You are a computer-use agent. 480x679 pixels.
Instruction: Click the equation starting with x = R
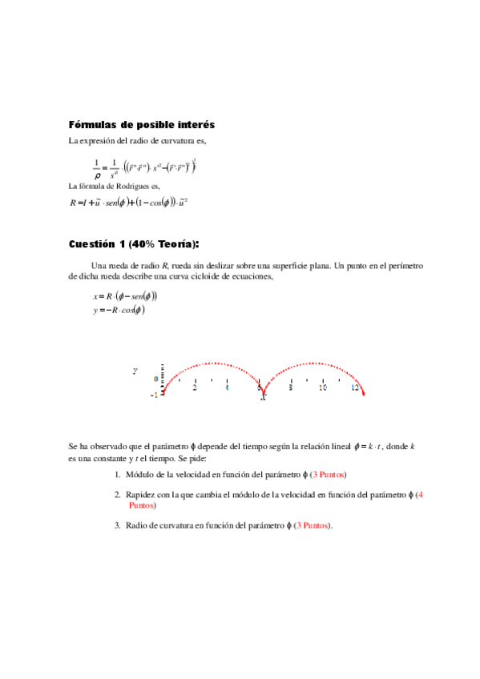point(123,295)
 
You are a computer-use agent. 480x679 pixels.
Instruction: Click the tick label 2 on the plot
point(195,387)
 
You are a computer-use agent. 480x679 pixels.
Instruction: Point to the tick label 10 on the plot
point(323,387)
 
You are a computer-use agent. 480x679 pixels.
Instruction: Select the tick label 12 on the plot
point(355,387)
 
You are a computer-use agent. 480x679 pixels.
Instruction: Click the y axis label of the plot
point(135,372)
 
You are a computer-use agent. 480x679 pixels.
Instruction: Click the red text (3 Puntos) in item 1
point(321,475)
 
